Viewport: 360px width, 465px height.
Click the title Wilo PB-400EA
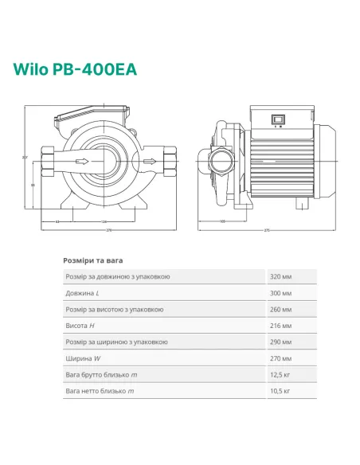tap(74, 68)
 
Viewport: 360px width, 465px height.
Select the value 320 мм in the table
tap(281, 276)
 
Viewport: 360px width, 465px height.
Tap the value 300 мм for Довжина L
tap(281, 293)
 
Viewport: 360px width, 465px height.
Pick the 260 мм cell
tap(281, 309)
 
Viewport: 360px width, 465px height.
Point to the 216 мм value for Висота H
tap(281, 326)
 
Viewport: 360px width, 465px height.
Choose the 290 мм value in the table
tap(281, 342)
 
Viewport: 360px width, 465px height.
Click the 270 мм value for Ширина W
tap(281, 358)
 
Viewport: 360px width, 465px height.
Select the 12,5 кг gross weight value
tap(281, 375)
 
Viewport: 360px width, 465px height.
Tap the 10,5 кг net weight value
tap(281, 391)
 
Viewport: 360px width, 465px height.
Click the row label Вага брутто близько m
tap(101, 375)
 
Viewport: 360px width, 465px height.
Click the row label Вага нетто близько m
tap(100, 391)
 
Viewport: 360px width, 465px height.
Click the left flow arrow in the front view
tap(80, 162)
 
